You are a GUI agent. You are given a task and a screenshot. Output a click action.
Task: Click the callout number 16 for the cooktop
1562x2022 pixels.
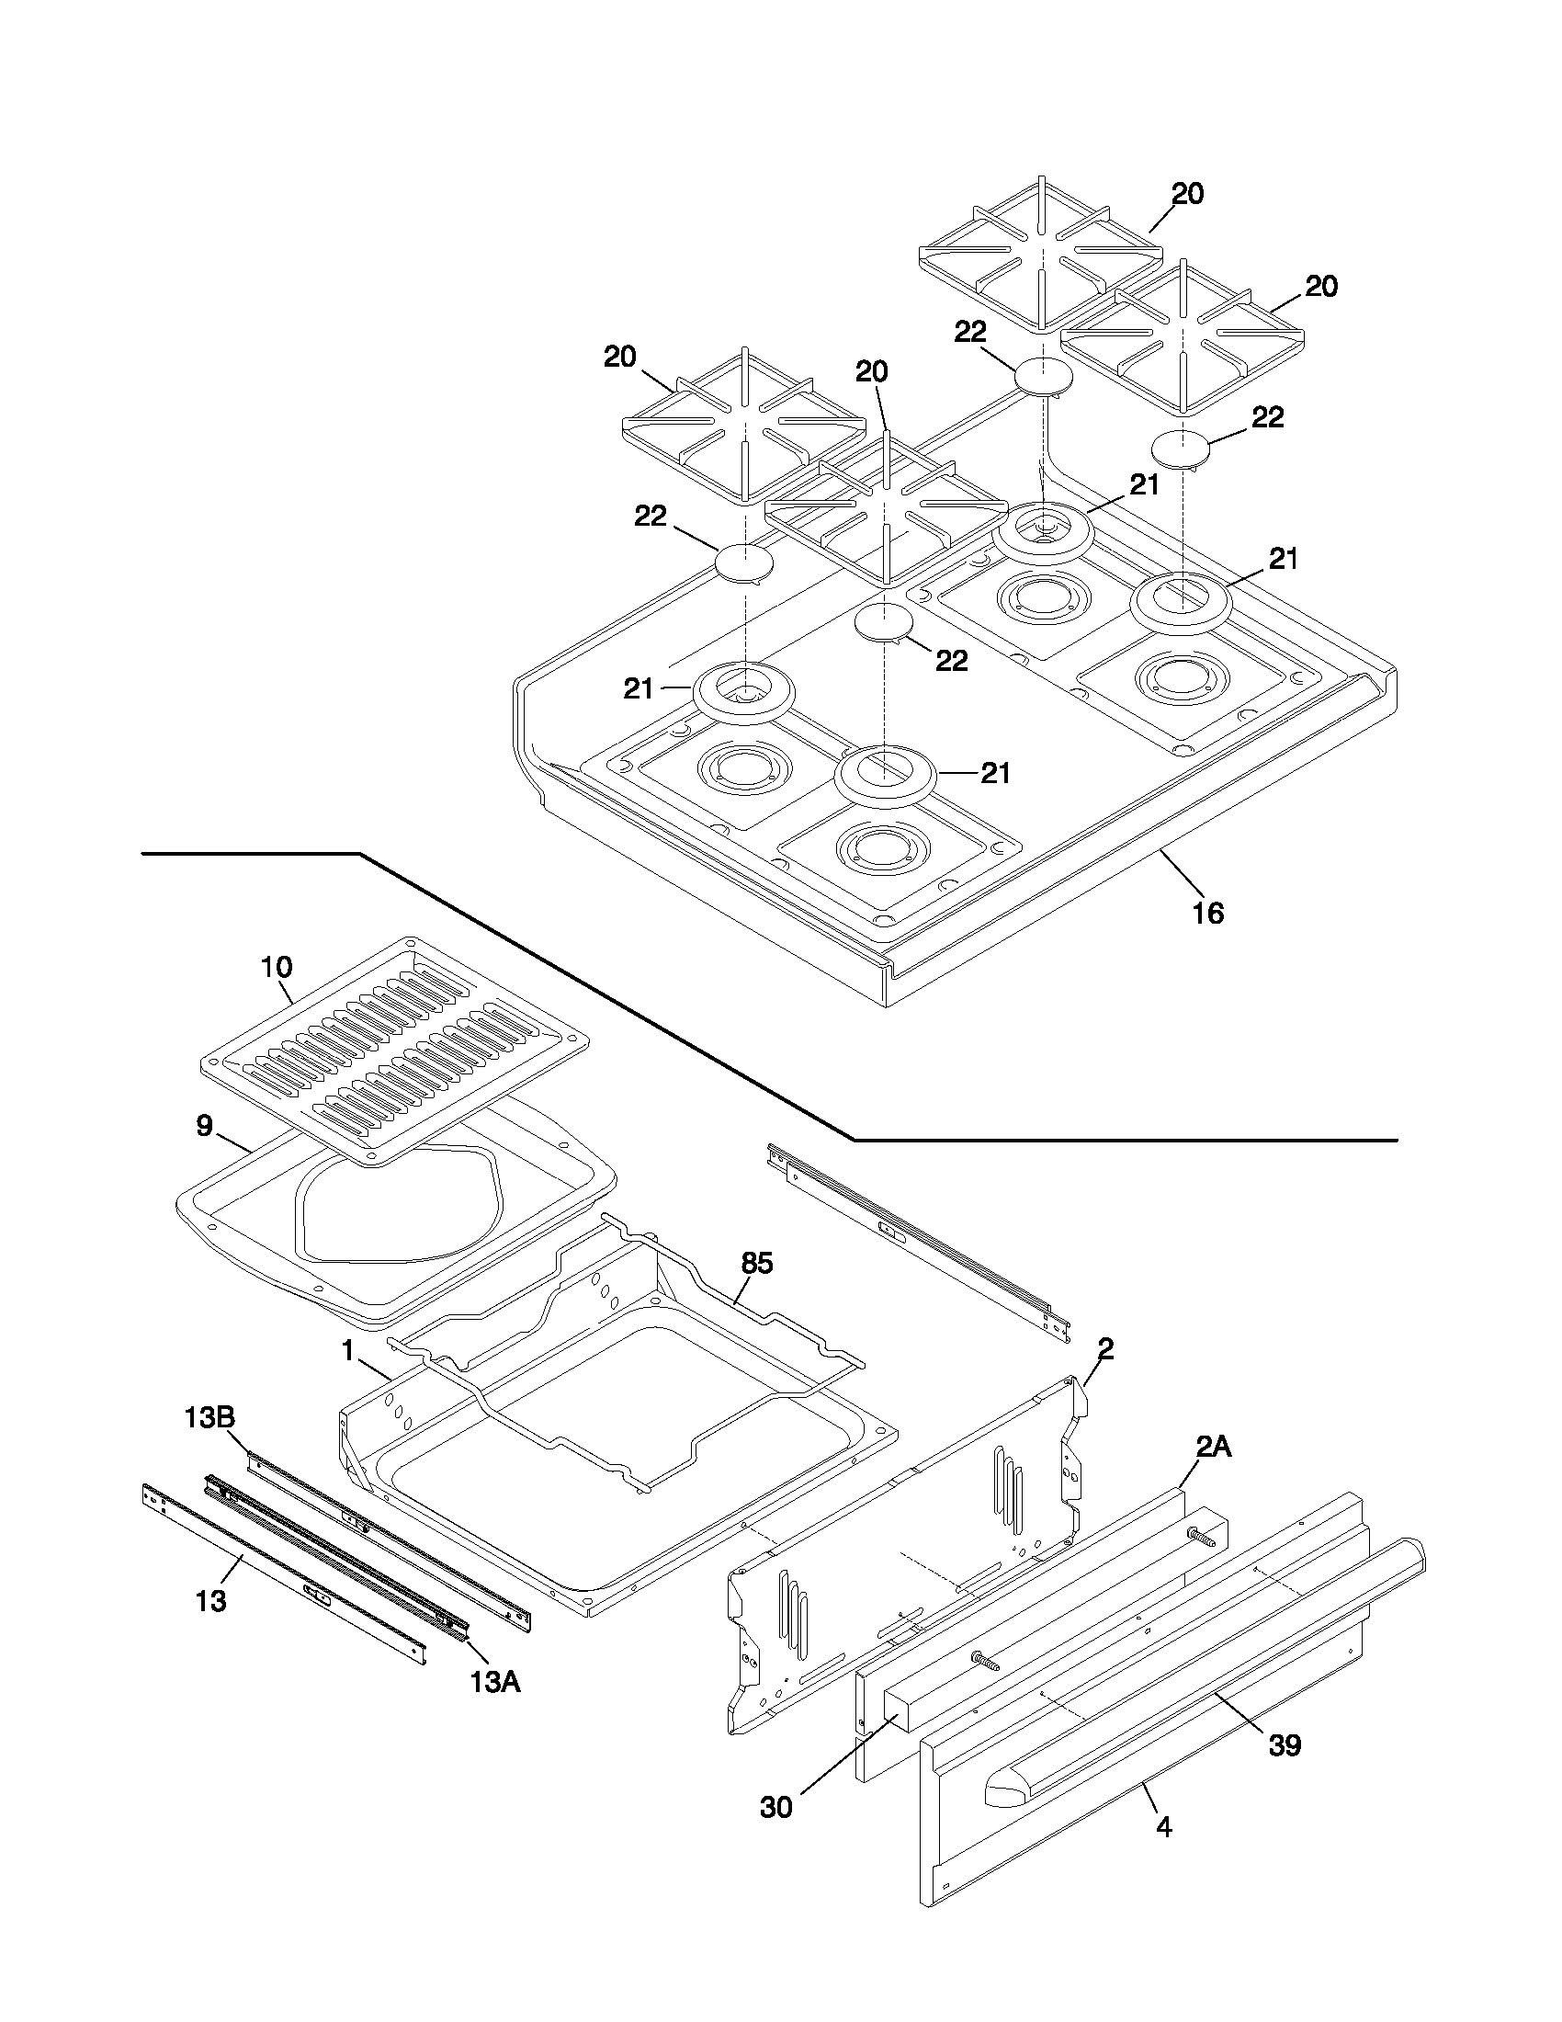1208,913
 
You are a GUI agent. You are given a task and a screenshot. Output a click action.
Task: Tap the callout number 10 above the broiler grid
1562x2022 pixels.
277,968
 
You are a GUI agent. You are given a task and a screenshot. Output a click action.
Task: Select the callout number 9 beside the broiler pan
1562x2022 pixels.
205,1126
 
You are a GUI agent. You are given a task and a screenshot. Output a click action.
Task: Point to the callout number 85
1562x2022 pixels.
757,1263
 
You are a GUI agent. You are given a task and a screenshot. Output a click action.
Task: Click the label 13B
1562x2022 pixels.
209,1417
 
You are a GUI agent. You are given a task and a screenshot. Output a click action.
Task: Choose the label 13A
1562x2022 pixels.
494,1682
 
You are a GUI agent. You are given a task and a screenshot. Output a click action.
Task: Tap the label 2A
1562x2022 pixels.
1213,1447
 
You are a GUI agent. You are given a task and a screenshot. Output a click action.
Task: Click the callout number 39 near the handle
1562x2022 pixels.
1285,1745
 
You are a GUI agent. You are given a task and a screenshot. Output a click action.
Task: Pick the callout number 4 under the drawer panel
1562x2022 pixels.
1164,1827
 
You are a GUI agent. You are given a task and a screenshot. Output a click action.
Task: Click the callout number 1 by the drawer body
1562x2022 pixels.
348,1352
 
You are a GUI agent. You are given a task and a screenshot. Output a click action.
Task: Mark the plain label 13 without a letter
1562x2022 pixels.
211,1601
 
